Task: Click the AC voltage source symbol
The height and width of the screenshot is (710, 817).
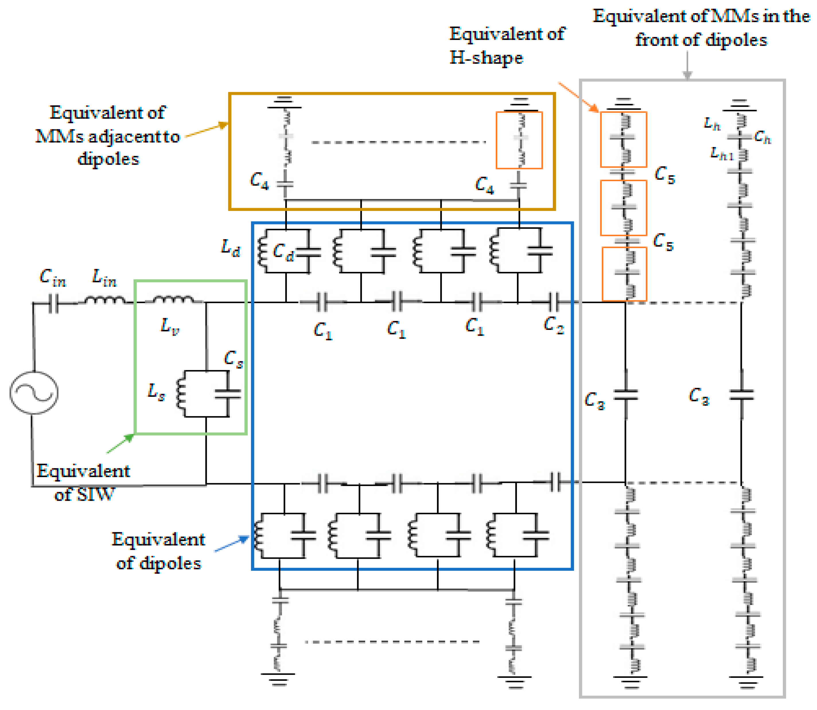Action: tap(34, 393)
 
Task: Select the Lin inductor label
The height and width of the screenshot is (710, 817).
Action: tap(104, 277)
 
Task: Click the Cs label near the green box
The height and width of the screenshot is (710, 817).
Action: tap(234, 359)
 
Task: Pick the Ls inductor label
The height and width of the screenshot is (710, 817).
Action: tap(156, 392)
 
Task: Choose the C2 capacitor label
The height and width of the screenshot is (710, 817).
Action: tap(553, 325)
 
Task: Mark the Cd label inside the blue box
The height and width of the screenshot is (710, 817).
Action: tap(283, 252)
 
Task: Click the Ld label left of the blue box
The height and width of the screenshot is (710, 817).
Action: tap(230, 248)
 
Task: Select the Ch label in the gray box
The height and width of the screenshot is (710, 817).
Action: tap(762, 137)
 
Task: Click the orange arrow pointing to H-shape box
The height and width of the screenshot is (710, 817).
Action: tap(578, 97)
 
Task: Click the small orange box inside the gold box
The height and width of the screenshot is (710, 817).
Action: tap(519, 140)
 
